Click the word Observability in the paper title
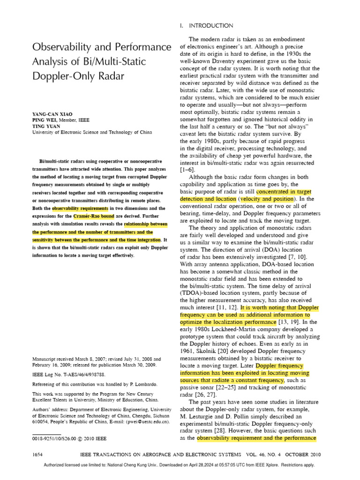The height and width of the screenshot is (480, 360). [61, 47]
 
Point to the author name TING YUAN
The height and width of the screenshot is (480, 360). [46, 126]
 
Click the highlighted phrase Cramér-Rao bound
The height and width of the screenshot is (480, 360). [93, 216]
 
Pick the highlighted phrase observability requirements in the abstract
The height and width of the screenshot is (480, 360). [80, 208]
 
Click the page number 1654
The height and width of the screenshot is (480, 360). [39, 455]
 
